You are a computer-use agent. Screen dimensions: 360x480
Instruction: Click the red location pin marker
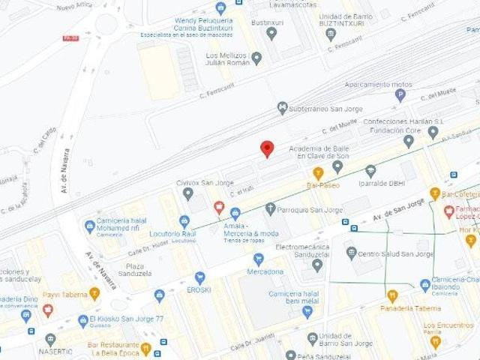267,148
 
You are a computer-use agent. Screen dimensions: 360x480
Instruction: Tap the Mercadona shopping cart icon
259,259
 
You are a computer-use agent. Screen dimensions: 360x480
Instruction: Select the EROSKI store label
199,289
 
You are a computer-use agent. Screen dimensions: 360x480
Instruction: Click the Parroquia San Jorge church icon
270,209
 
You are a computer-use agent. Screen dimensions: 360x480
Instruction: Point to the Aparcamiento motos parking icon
400,95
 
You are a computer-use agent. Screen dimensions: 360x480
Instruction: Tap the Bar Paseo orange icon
318,173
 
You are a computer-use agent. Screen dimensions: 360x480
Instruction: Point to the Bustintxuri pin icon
271,33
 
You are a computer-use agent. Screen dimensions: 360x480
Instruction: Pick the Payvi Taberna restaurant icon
94,293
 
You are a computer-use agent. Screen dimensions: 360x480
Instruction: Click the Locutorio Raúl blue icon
184,221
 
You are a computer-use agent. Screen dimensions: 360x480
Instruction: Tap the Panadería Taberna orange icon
391,295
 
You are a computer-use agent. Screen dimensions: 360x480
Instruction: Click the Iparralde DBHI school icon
370,170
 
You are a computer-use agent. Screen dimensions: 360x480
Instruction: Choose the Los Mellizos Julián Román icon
256,58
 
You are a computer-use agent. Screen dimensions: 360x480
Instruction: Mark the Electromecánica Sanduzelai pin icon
317,264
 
